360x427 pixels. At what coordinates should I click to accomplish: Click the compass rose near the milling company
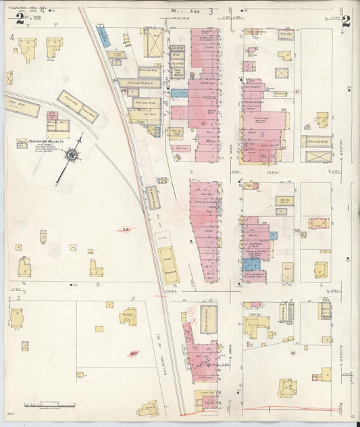tap(71, 155)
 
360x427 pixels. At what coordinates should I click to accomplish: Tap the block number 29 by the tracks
tap(124, 90)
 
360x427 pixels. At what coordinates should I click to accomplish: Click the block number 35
tap(297, 232)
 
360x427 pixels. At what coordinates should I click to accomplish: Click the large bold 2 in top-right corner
tap(346, 20)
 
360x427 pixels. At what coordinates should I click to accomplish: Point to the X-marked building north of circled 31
tap(282, 73)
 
